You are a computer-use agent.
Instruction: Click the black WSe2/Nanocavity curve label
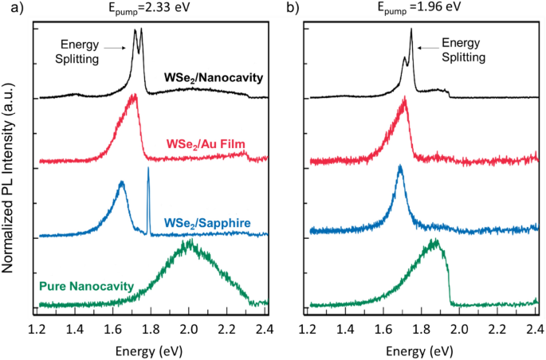(214, 78)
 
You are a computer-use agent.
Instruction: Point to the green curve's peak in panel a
(189, 242)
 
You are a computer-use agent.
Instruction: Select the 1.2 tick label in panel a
(37, 329)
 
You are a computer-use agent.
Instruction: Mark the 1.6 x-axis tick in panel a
(113, 329)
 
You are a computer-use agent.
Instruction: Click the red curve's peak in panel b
(406, 99)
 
